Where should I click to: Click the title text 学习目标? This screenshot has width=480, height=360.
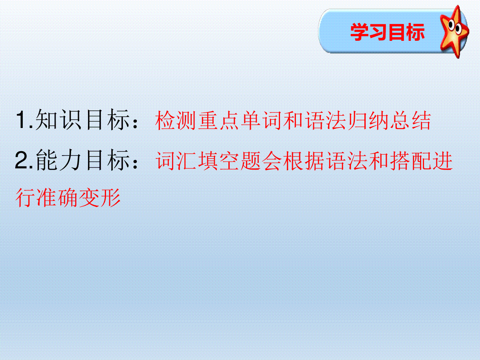(x=388, y=32)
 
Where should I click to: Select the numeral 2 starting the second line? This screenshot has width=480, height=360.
(x=22, y=160)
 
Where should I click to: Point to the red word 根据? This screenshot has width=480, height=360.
(x=304, y=161)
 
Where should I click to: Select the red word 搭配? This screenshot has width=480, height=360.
(x=411, y=161)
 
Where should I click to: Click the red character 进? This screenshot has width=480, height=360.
(x=443, y=161)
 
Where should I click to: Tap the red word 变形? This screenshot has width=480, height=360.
(x=100, y=197)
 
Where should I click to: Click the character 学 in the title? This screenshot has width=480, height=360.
(x=360, y=32)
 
